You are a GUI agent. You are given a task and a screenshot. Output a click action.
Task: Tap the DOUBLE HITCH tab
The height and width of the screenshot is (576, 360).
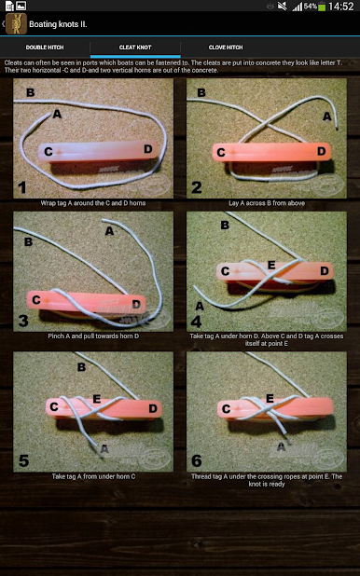pyautogui.click(x=45, y=48)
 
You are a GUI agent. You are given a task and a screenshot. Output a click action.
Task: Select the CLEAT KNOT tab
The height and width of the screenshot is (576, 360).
pyautogui.click(x=135, y=48)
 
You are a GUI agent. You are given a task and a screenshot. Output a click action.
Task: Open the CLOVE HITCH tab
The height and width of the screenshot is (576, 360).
pyautogui.click(x=226, y=48)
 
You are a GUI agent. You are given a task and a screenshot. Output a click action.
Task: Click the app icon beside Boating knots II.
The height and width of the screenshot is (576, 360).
pyautogui.click(x=16, y=24)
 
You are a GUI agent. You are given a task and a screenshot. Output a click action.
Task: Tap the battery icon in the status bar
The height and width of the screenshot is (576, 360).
pyautogui.click(x=322, y=7)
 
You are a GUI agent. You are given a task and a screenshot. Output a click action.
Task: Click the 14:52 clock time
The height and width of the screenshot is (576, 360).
pyautogui.click(x=340, y=7)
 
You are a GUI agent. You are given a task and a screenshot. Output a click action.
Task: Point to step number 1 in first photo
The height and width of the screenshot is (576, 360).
pyautogui.click(x=22, y=187)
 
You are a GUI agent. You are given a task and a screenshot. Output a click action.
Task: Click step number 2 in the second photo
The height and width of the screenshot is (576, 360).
pyautogui.click(x=197, y=187)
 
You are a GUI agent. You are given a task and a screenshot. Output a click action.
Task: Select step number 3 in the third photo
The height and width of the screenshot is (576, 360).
pyautogui.click(x=23, y=321)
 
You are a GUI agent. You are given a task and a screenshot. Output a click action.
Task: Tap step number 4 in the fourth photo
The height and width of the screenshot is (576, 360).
pyautogui.click(x=197, y=322)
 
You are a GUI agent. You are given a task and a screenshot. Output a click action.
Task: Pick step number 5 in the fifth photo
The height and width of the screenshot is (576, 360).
pyautogui.click(x=23, y=460)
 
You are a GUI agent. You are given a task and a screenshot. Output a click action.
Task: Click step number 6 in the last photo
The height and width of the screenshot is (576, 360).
pyautogui.click(x=197, y=460)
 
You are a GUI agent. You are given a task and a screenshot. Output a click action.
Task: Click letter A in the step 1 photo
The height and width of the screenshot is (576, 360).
pyautogui.click(x=57, y=114)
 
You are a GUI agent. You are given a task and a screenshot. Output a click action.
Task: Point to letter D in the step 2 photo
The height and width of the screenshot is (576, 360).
pyautogui.click(x=322, y=151)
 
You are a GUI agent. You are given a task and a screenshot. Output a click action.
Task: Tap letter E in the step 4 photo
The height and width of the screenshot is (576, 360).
pyautogui.click(x=271, y=265)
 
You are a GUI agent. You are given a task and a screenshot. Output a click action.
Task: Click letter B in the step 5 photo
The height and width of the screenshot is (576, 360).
pyautogui.click(x=81, y=367)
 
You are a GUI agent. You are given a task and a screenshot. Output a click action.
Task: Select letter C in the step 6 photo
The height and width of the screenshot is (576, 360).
pyautogui.click(x=226, y=408)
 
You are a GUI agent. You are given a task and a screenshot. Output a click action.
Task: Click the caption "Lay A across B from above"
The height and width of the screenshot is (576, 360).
pyautogui.click(x=267, y=203)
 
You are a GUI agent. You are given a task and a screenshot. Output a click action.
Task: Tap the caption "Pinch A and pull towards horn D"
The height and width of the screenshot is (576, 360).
pyautogui.click(x=93, y=336)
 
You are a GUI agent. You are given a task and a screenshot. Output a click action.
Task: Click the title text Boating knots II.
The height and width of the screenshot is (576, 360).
pyautogui.click(x=58, y=24)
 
